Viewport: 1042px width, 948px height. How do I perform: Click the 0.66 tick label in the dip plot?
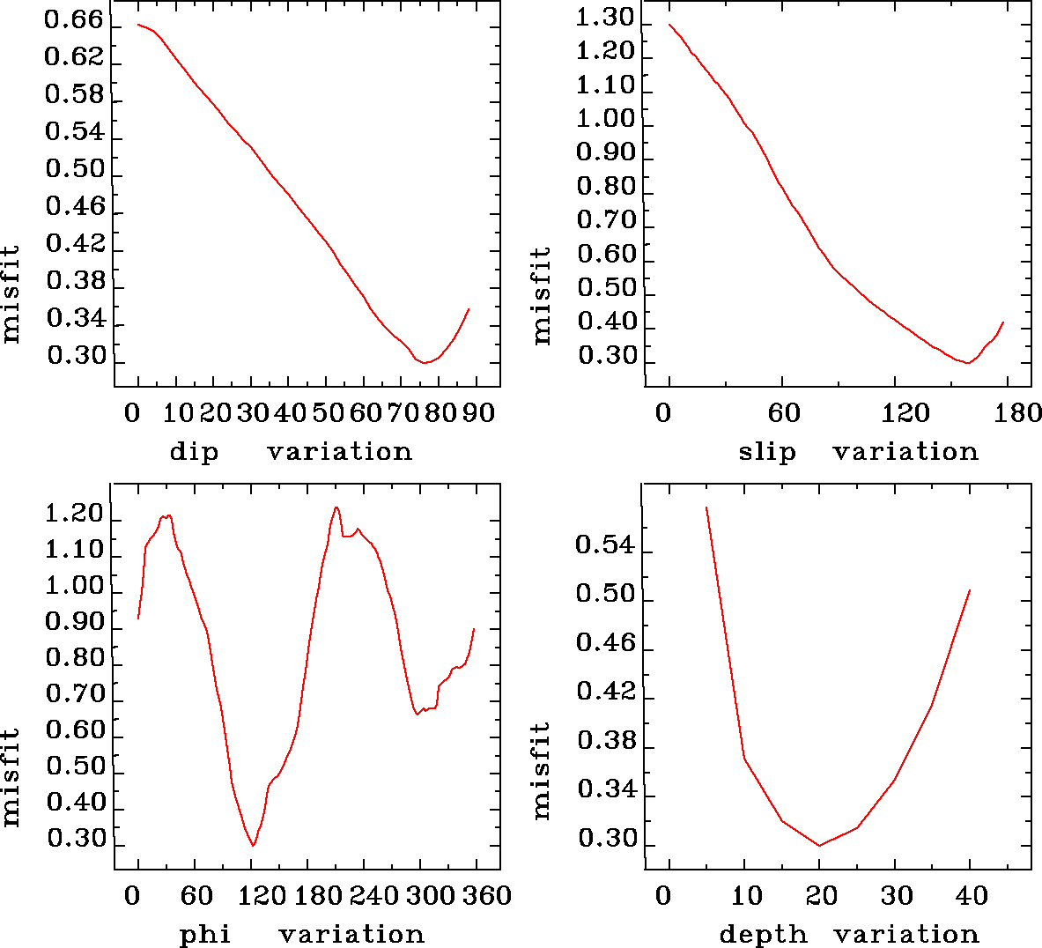pos(74,20)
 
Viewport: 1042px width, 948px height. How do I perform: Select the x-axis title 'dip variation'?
pos(291,452)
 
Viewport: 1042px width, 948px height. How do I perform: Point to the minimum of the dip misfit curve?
pos(425,362)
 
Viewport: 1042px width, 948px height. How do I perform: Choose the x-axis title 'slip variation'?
pos(858,452)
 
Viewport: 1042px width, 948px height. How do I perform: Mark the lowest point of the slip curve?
pos(967,362)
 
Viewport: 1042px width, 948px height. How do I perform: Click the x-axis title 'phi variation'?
pos(302,934)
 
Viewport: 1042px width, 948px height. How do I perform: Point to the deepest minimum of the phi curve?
pos(253,845)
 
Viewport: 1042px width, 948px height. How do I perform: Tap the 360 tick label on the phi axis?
pos(487,896)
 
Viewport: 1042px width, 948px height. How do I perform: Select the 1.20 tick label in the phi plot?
pos(74,514)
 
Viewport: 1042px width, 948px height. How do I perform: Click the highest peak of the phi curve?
pos(336,507)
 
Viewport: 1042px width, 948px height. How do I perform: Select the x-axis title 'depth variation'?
pos(849,934)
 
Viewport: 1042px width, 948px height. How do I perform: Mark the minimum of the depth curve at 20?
pos(819,845)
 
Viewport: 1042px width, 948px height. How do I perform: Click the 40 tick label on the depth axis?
pos(972,896)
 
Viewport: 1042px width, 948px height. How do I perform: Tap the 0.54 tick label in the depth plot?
pos(604,545)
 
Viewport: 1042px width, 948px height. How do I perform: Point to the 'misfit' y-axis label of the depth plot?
pos(543,771)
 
